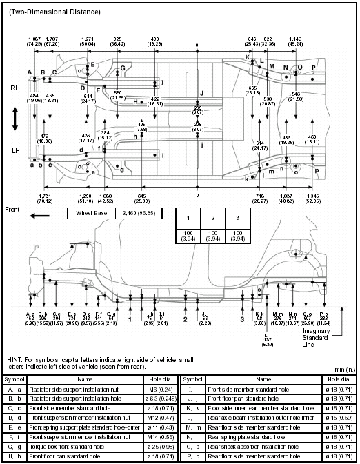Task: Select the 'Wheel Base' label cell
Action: [91, 214]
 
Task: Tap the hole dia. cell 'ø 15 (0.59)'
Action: [340, 418]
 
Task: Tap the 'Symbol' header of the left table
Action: [14, 379]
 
